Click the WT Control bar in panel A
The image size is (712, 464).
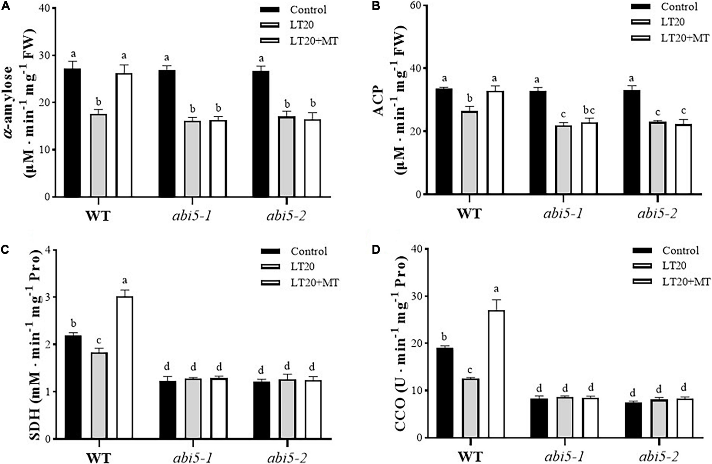[x=72, y=133]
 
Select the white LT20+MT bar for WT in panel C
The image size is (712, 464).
[x=125, y=367]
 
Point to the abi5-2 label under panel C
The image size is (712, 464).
[x=286, y=457]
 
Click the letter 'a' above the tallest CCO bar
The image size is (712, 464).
[x=496, y=289]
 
